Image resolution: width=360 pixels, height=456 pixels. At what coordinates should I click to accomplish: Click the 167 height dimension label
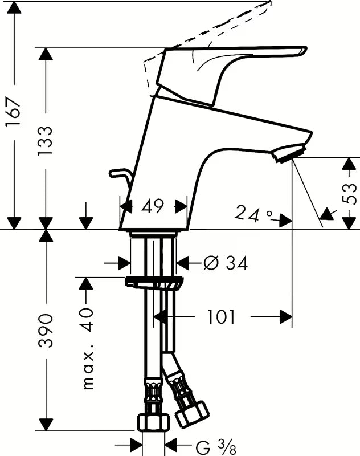tap(14, 112)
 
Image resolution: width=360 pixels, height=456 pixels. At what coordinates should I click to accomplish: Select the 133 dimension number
tap(46, 141)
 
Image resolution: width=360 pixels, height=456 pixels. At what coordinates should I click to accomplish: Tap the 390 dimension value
tap(46, 331)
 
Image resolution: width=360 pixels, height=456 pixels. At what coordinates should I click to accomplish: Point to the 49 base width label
tap(153, 206)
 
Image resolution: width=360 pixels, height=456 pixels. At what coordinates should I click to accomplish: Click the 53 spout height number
tap(349, 194)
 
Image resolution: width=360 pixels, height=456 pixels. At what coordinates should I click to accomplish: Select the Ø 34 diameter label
tap(226, 263)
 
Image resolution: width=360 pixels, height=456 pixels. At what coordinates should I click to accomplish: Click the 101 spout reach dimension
tap(220, 316)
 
